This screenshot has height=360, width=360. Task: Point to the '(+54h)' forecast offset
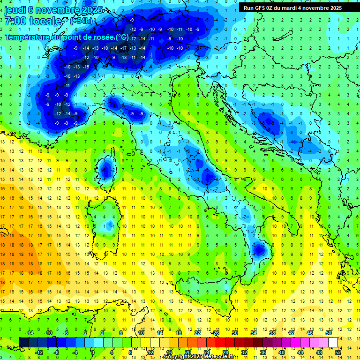click(x=81, y=21)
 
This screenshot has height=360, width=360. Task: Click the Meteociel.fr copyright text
click(x=202, y=357)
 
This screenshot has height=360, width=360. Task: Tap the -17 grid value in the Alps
click(x=123, y=48)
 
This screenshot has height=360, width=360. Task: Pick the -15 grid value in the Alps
click(x=86, y=67)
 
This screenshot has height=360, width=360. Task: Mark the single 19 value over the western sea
click(x=3, y=255)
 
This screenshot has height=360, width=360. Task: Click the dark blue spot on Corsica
click(x=106, y=171)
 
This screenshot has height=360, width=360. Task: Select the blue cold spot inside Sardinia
click(x=110, y=225)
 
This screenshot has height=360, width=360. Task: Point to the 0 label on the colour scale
click(x=92, y=352)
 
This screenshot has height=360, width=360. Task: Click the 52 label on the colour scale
click(x=338, y=352)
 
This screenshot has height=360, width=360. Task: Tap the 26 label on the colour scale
click(x=216, y=333)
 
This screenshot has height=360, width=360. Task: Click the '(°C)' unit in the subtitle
click(x=122, y=37)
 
